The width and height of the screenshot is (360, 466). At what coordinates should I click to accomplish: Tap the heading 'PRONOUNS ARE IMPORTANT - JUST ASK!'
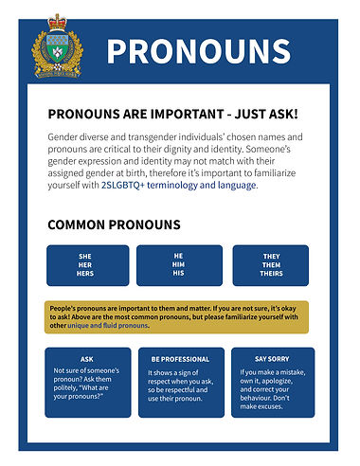[x=172, y=115]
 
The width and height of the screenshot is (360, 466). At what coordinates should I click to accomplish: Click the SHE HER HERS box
[x=86, y=265]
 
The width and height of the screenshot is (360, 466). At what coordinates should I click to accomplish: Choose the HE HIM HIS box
[x=178, y=265]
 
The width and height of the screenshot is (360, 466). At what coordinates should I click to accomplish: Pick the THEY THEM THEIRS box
[x=271, y=265]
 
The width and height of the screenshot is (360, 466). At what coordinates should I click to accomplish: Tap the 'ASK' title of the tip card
[x=87, y=359]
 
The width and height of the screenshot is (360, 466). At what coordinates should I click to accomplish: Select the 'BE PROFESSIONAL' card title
[x=179, y=359]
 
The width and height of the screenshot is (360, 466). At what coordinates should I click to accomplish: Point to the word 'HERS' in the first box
[x=86, y=274]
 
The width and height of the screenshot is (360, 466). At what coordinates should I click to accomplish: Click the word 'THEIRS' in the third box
[x=271, y=274]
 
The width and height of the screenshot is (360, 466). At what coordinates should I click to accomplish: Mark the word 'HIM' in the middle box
[x=178, y=265]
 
